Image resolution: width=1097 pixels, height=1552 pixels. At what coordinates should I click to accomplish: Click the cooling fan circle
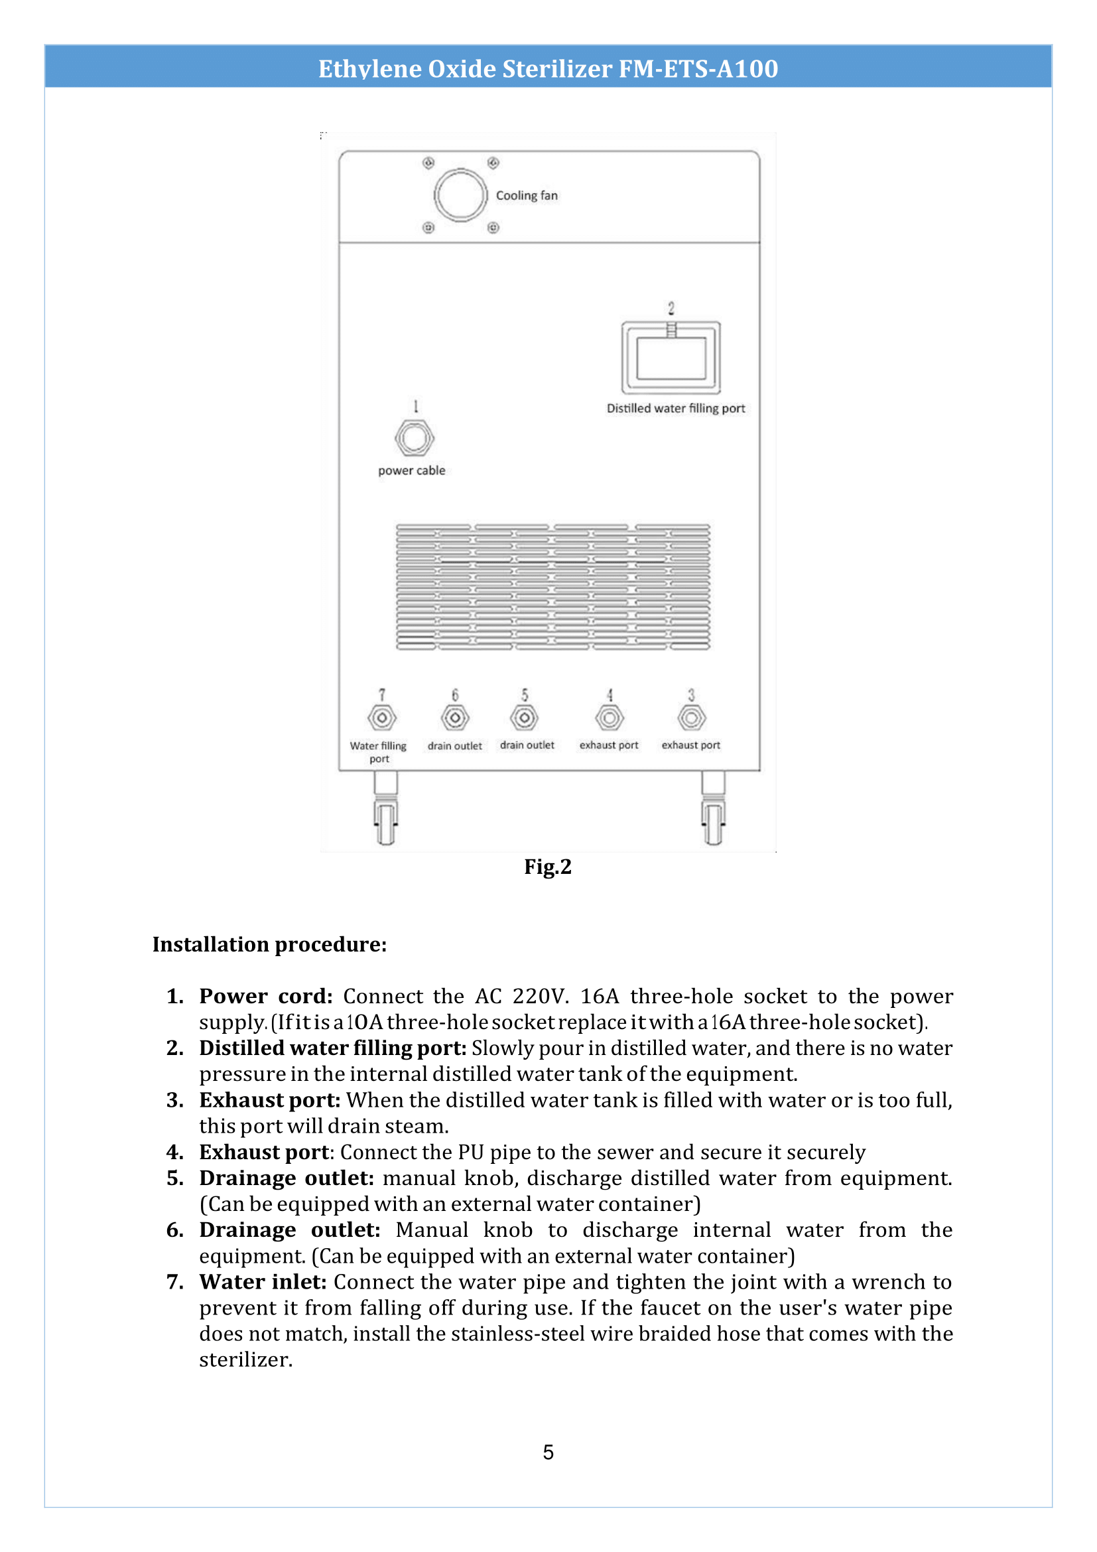[460, 194]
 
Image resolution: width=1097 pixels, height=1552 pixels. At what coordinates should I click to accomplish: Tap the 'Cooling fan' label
[527, 195]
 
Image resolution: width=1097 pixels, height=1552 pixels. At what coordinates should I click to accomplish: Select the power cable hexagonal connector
[414, 438]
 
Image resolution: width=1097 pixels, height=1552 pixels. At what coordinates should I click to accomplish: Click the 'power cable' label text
[411, 470]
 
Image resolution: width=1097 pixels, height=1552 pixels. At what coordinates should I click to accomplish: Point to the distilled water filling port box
[671, 358]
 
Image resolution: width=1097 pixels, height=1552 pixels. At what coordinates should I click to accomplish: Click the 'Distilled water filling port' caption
[675, 408]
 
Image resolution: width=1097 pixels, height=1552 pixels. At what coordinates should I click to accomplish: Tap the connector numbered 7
[381, 717]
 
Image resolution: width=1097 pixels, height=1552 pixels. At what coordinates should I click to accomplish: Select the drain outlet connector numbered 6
[454, 717]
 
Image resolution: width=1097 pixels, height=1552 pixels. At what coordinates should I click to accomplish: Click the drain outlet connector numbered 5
[524, 717]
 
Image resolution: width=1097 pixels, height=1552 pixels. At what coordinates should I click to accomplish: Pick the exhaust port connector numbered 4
[610, 717]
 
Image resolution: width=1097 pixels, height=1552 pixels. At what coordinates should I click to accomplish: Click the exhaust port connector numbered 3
[692, 717]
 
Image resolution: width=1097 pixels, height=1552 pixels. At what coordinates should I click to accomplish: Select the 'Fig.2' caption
[548, 867]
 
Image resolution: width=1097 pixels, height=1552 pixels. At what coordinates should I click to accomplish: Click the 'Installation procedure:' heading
[269, 944]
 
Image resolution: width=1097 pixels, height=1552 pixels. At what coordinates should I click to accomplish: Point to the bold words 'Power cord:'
[265, 997]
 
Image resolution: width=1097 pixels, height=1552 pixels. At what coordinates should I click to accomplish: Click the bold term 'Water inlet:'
[263, 1282]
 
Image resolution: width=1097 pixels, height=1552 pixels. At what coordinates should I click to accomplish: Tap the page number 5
[548, 1452]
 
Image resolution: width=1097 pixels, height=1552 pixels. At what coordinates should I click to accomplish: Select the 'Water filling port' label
[378, 752]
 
